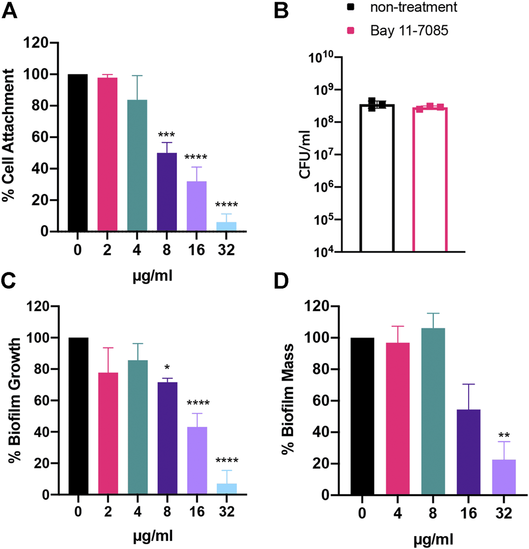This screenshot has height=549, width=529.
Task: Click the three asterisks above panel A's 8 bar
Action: point(167,134)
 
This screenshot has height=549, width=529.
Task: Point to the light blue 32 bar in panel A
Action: point(225,227)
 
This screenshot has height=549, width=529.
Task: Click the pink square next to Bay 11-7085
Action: point(365,31)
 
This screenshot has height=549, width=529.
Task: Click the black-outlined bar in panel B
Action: point(377,178)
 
